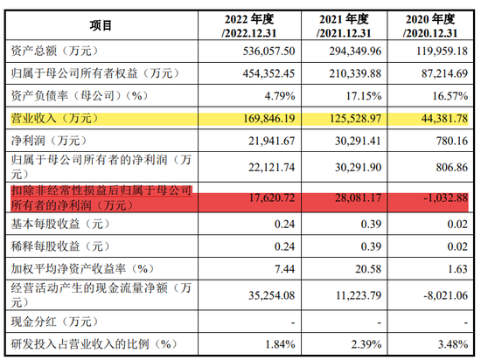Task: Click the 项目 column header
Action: (101, 25)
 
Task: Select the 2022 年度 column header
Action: (249, 25)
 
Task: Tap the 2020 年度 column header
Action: (430, 25)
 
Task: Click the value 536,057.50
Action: (269, 51)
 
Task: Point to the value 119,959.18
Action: (442, 51)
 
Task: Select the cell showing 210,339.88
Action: (355, 73)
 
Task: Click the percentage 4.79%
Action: (280, 96)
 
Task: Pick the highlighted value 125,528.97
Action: (355, 118)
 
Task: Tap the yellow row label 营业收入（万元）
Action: (54, 118)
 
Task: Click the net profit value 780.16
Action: (452, 141)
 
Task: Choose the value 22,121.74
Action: (271, 167)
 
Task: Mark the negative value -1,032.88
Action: (446, 198)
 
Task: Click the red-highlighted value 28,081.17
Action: (358, 198)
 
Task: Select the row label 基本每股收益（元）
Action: (60, 224)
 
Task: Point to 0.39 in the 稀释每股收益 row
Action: (371, 246)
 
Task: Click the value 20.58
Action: (368, 269)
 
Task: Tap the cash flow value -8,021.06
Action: (446, 295)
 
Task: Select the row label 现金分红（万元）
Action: (54, 322)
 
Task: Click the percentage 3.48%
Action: (453, 344)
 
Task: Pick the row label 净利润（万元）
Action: (49, 141)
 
